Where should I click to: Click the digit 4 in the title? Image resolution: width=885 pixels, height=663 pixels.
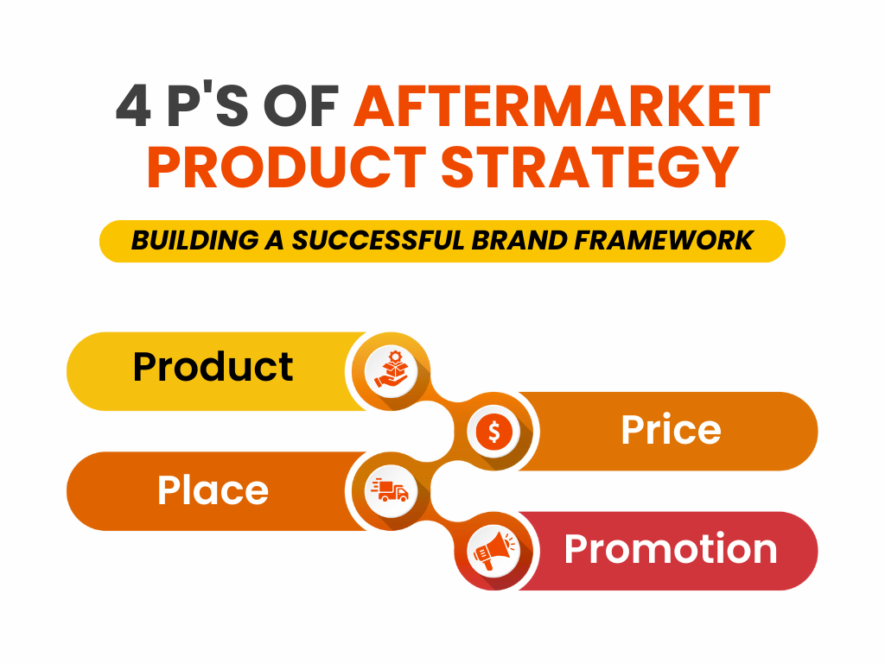[133, 106]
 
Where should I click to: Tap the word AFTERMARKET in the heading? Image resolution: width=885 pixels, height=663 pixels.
[562, 106]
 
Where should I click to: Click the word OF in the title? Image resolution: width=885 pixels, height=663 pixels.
[301, 106]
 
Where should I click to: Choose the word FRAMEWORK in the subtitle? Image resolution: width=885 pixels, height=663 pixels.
[664, 241]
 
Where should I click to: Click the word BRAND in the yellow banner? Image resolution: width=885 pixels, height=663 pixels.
[519, 241]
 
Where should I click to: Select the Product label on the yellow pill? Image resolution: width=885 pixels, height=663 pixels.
[213, 367]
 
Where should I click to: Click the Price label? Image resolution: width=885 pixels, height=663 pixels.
[671, 430]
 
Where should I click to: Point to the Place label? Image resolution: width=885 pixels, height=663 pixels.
[213, 490]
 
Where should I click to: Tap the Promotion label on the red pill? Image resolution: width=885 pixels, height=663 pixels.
[671, 549]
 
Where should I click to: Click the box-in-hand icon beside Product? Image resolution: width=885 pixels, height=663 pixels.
[391, 371]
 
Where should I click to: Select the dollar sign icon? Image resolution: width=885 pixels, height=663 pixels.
[493, 432]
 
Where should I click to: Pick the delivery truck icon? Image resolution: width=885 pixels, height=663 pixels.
[390, 490]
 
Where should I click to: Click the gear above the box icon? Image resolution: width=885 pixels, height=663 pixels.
[394, 357]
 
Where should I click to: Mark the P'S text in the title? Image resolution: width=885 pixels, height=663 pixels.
[207, 106]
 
